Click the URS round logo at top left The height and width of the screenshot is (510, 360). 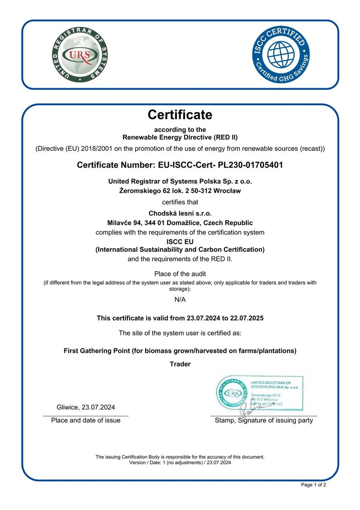[80, 55]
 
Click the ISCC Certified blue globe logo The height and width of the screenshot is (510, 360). [280, 54]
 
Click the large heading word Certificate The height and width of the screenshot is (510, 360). [180, 115]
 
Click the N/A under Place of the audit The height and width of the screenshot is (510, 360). [180, 299]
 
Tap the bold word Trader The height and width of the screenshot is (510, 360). [180, 364]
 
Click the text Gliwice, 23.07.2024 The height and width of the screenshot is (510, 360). [86, 408]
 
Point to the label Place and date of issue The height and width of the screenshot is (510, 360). [86, 420]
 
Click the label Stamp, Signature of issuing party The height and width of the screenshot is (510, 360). [264, 420]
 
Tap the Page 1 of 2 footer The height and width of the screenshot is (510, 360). [313, 485]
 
